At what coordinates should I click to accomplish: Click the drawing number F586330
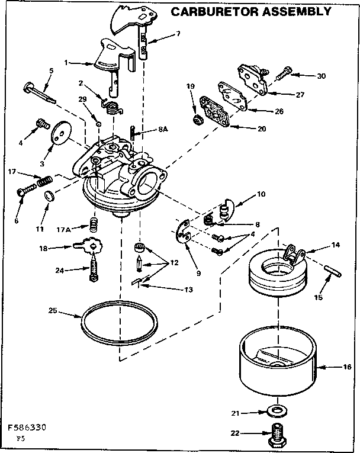click(x=28, y=426)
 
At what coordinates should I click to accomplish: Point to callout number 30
click(x=321, y=76)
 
